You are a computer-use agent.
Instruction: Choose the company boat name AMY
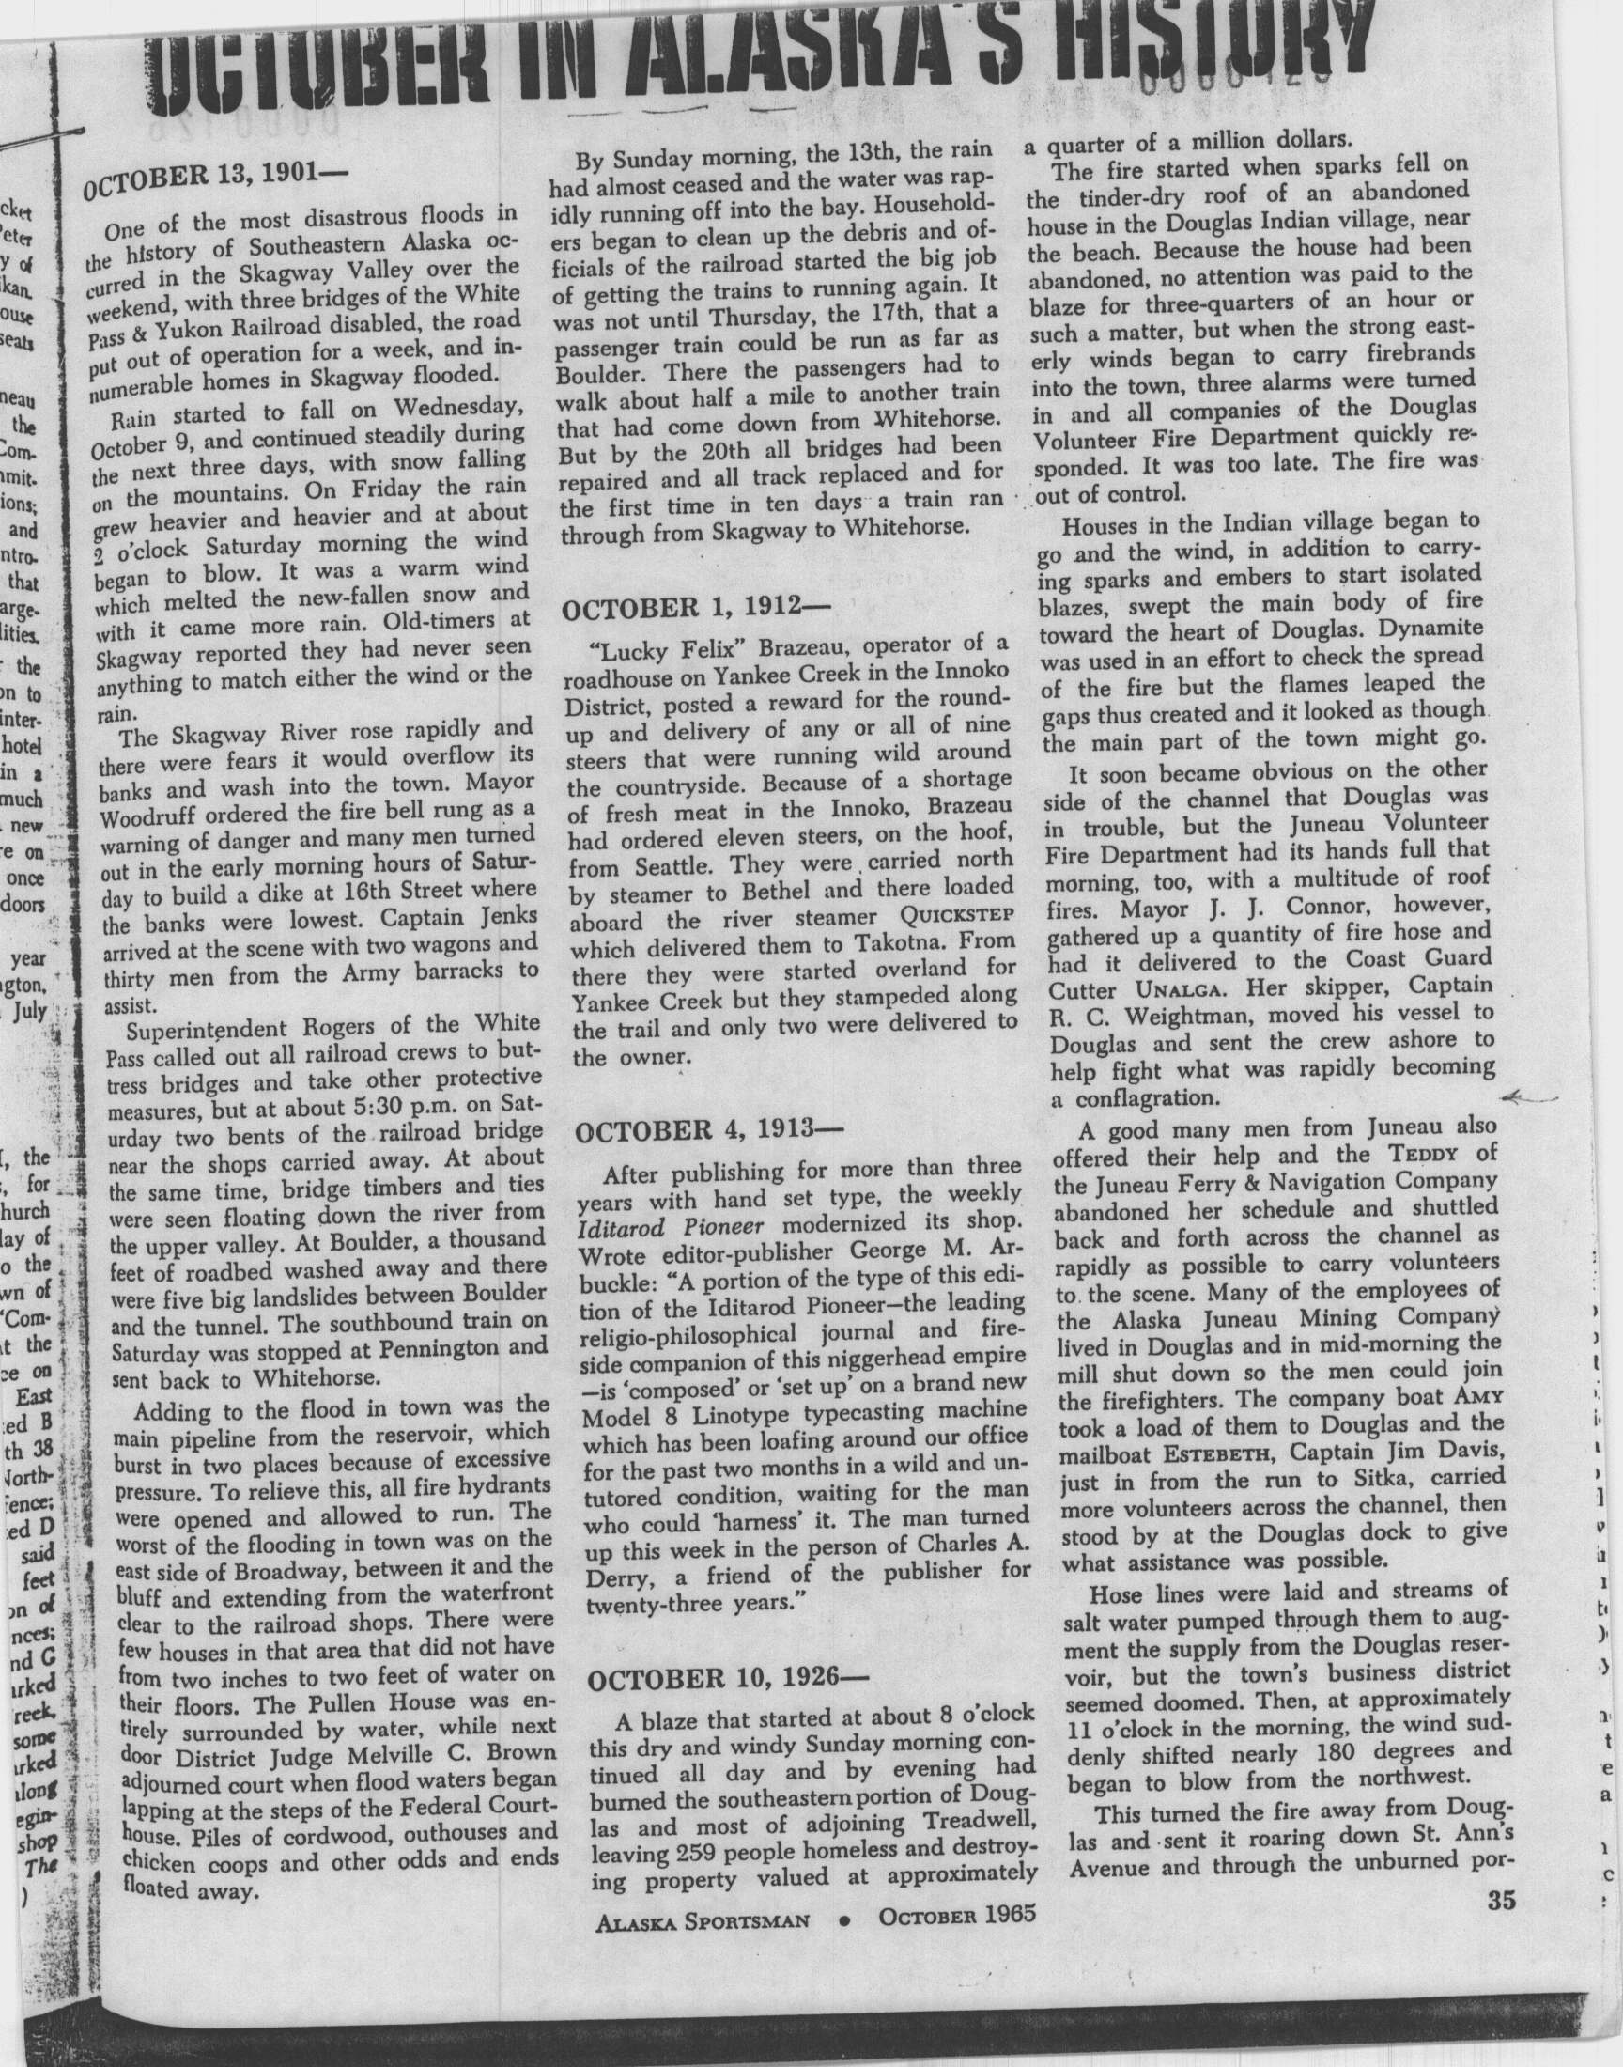pyautogui.click(x=1473, y=1397)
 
